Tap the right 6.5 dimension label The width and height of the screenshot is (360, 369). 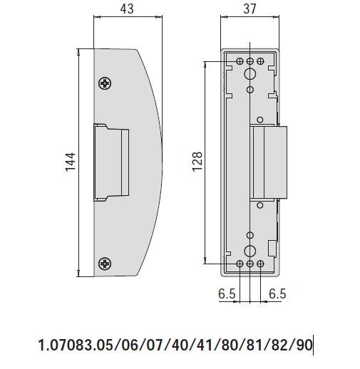point(277,293)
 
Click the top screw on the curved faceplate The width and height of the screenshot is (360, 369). point(106,83)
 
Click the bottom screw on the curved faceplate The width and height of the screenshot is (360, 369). point(106,264)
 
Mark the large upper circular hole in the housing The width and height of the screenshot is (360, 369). point(250,75)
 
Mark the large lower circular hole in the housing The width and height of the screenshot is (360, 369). point(250,251)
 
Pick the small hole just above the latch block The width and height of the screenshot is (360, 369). point(259,120)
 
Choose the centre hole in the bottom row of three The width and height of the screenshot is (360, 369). point(250,264)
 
